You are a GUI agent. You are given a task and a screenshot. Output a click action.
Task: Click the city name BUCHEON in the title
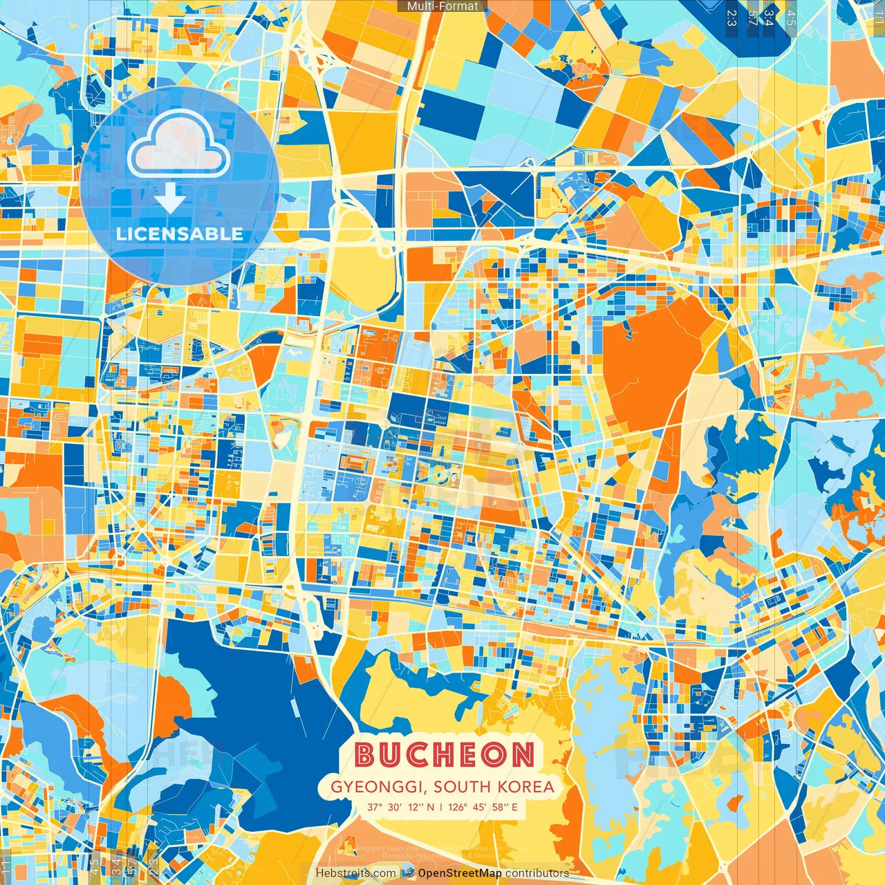pyautogui.click(x=445, y=755)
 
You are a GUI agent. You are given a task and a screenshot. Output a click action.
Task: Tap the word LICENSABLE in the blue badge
pyautogui.click(x=180, y=234)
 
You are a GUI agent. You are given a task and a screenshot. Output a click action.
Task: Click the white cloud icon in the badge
pyautogui.click(x=178, y=144)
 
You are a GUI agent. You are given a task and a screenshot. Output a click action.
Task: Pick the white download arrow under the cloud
pyautogui.click(x=169, y=198)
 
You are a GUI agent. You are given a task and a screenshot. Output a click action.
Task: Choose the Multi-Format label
pyautogui.click(x=442, y=6)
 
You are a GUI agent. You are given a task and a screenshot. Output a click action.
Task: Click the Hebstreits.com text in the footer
pyautogui.click(x=355, y=873)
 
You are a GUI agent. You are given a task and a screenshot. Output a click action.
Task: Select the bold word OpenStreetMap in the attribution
pyautogui.click(x=460, y=873)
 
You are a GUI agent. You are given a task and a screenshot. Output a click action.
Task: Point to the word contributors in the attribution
pyautogui.click(x=537, y=873)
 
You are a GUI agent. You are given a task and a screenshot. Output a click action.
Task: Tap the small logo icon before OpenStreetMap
pyautogui.click(x=409, y=873)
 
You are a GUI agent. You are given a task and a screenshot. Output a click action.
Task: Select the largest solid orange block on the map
pyautogui.click(x=646, y=366)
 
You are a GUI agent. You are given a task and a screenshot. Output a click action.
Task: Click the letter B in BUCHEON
pyautogui.click(x=366, y=755)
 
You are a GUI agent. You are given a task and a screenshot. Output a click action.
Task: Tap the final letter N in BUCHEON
pyautogui.click(x=523, y=755)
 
